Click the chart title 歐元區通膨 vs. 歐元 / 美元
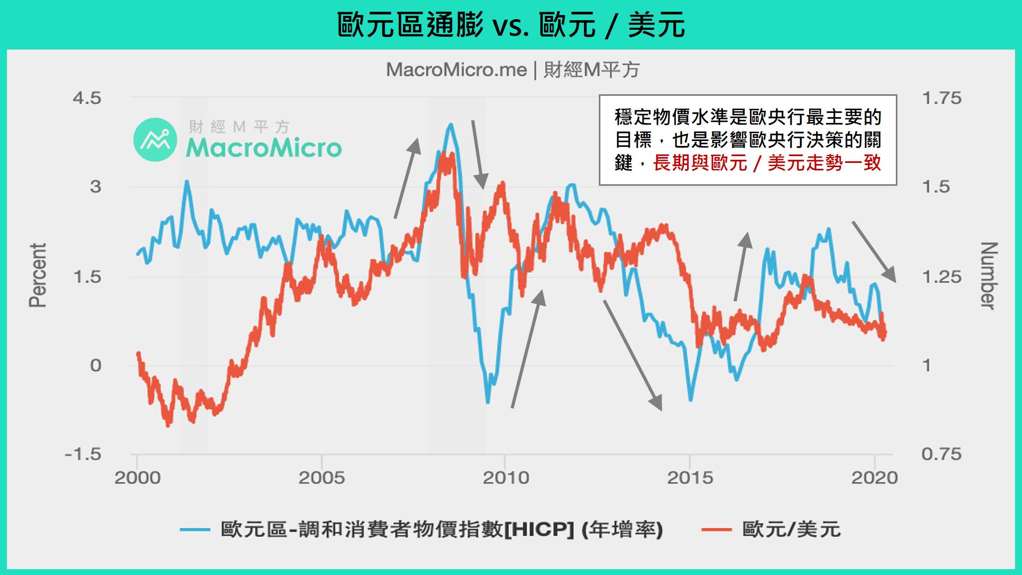[x=511, y=25]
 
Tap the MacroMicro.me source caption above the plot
[x=512, y=70]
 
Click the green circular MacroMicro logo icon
[x=155, y=139]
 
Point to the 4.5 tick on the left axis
[x=89, y=98]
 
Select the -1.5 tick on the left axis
[x=83, y=454]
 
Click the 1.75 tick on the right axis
[x=941, y=98]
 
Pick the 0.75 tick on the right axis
[x=941, y=454]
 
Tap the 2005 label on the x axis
[x=322, y=478]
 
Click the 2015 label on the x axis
[x=690, y=478]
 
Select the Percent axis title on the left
[x=38, y=275]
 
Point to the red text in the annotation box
[x=767, y=163]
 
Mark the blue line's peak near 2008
[x=451, y=125]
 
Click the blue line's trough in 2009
[x=488, y=402]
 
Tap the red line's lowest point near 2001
[x=168, y=425]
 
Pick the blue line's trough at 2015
[x=690, y=400]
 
